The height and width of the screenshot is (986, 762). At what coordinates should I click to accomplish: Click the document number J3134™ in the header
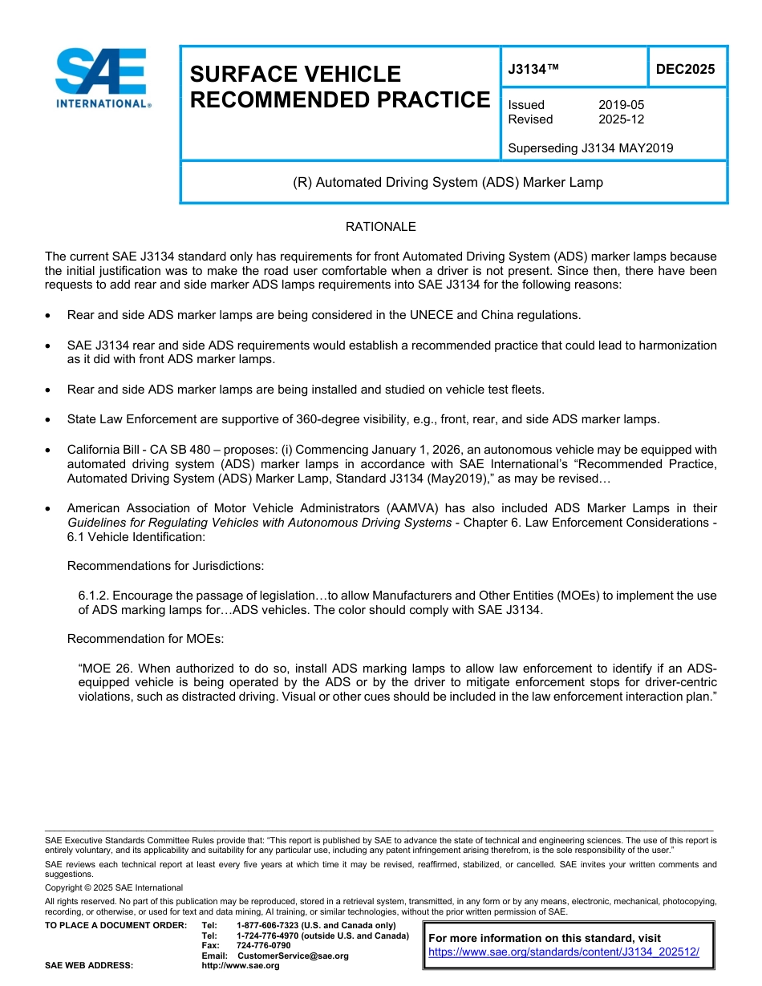(533, 70)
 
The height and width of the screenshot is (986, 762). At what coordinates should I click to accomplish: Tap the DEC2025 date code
(685, 69)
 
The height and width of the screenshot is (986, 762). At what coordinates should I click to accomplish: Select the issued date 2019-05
(621, 105)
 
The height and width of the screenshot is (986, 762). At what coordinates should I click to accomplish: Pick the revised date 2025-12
(621, 119)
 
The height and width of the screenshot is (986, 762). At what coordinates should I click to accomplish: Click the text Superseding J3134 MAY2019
(590, 147)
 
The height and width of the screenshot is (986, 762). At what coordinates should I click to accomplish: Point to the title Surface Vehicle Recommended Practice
(338, 87)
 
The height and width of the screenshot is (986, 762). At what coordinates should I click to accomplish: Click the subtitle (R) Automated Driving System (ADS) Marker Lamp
(448, 182)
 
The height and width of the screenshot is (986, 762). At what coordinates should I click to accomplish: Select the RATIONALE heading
(380, 227)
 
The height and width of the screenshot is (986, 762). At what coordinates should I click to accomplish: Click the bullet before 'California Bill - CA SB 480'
(51, 451)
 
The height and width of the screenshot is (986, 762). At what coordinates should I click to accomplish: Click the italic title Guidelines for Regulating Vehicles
(259, 523)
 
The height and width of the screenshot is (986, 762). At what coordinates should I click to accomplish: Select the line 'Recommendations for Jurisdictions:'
(165, 566)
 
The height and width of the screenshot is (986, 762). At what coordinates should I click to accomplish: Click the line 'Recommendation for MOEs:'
(145, 639)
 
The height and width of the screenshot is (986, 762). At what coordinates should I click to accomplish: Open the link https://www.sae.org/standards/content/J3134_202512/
(564, 952)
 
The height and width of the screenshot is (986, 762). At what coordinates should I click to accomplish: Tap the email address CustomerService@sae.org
(293, 956)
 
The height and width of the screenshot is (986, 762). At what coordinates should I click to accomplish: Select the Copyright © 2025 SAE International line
(114, 887)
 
